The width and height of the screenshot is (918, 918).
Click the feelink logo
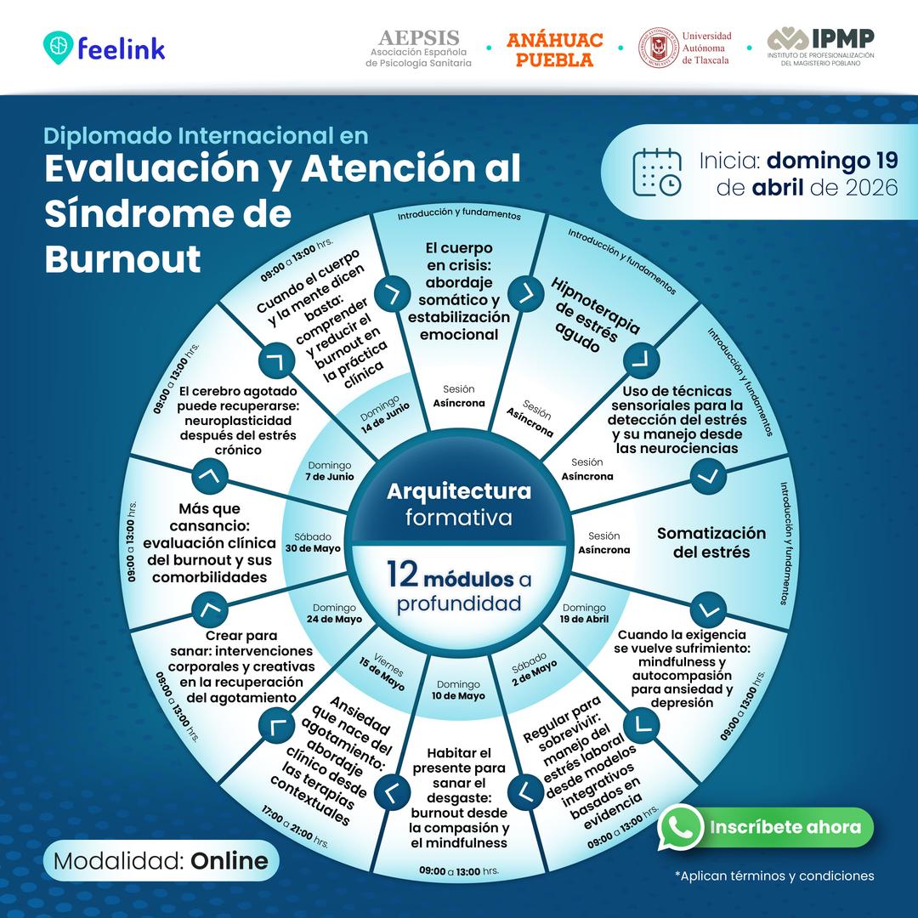click(105, 48)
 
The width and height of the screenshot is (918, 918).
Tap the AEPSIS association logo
click(418, 48)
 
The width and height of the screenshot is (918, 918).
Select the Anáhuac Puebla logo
click(554, 49)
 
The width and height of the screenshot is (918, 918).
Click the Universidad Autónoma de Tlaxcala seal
click(659, 48)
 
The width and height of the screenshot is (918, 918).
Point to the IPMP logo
click(820, 47)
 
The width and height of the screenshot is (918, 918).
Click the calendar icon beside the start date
click(657, 172)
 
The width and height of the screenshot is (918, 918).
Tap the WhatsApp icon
click(680, 827)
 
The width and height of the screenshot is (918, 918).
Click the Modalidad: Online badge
click(161, 860)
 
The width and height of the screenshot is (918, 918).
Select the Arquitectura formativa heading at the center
click(459, 504)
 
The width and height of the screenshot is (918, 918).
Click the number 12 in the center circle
click(403, 575)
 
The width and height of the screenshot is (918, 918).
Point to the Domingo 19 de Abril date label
click(584, 613)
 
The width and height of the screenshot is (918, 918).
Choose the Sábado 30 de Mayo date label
click(313, 542)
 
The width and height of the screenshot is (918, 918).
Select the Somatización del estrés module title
click(711, 542)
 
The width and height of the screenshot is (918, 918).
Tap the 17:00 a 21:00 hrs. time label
click(294, 827)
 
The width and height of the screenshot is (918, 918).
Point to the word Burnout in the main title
click(123, 258)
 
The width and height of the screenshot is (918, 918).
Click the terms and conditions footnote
click(774, 875)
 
